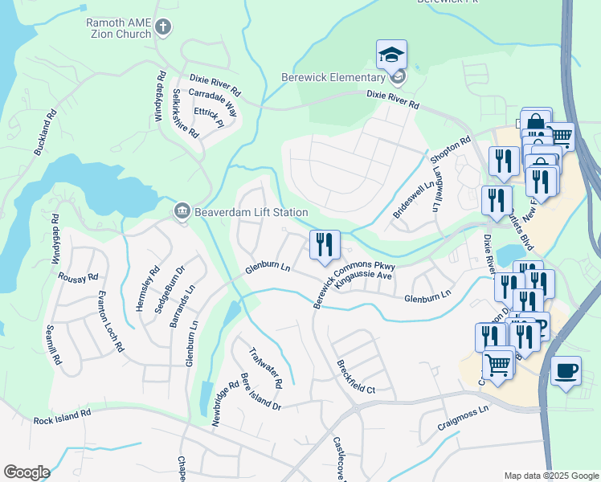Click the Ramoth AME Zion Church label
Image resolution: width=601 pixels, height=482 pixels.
pyautogui.click(x=119, y=28)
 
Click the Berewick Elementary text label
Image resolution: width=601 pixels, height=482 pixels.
pyautogui.click(x=333, y=77)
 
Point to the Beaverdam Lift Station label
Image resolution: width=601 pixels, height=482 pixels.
pyautogui.click(x=251, y=212)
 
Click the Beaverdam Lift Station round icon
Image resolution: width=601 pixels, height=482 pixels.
pyautogui.click(x=182, y=212)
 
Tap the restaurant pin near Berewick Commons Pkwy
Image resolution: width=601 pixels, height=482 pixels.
pyautogui.click(x=325, y=245)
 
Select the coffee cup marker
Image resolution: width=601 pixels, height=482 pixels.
pyautogui.click(x=566, y=371)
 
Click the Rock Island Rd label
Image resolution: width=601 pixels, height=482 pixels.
pyautogui.click(x=63, y=419)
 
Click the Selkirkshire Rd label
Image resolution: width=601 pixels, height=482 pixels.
pyautogui.click(x=186, y=113)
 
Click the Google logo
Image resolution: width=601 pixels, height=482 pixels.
pyautogui.click(x=27, y=472)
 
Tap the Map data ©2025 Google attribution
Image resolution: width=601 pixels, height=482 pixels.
pyautogui.click(x=550, y=476)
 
